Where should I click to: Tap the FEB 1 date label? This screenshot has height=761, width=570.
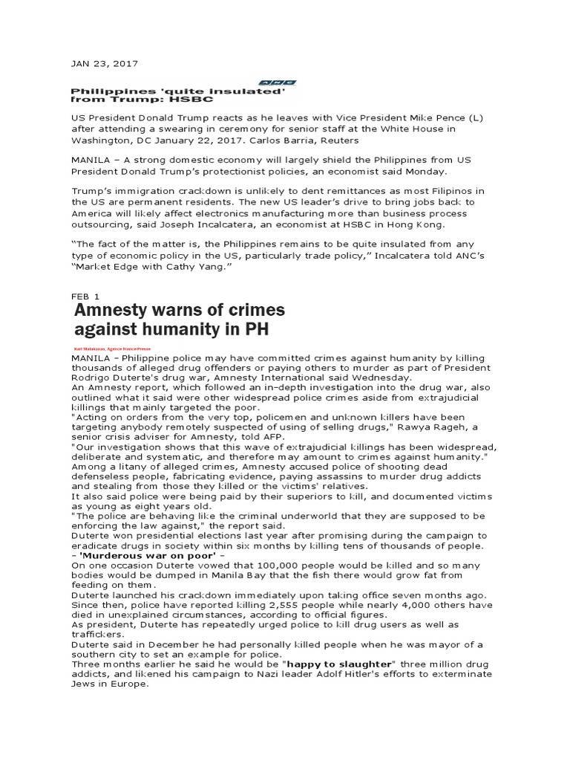85,296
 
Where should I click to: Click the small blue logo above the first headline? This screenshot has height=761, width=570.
277,82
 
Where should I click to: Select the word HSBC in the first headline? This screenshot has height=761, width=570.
192,99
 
